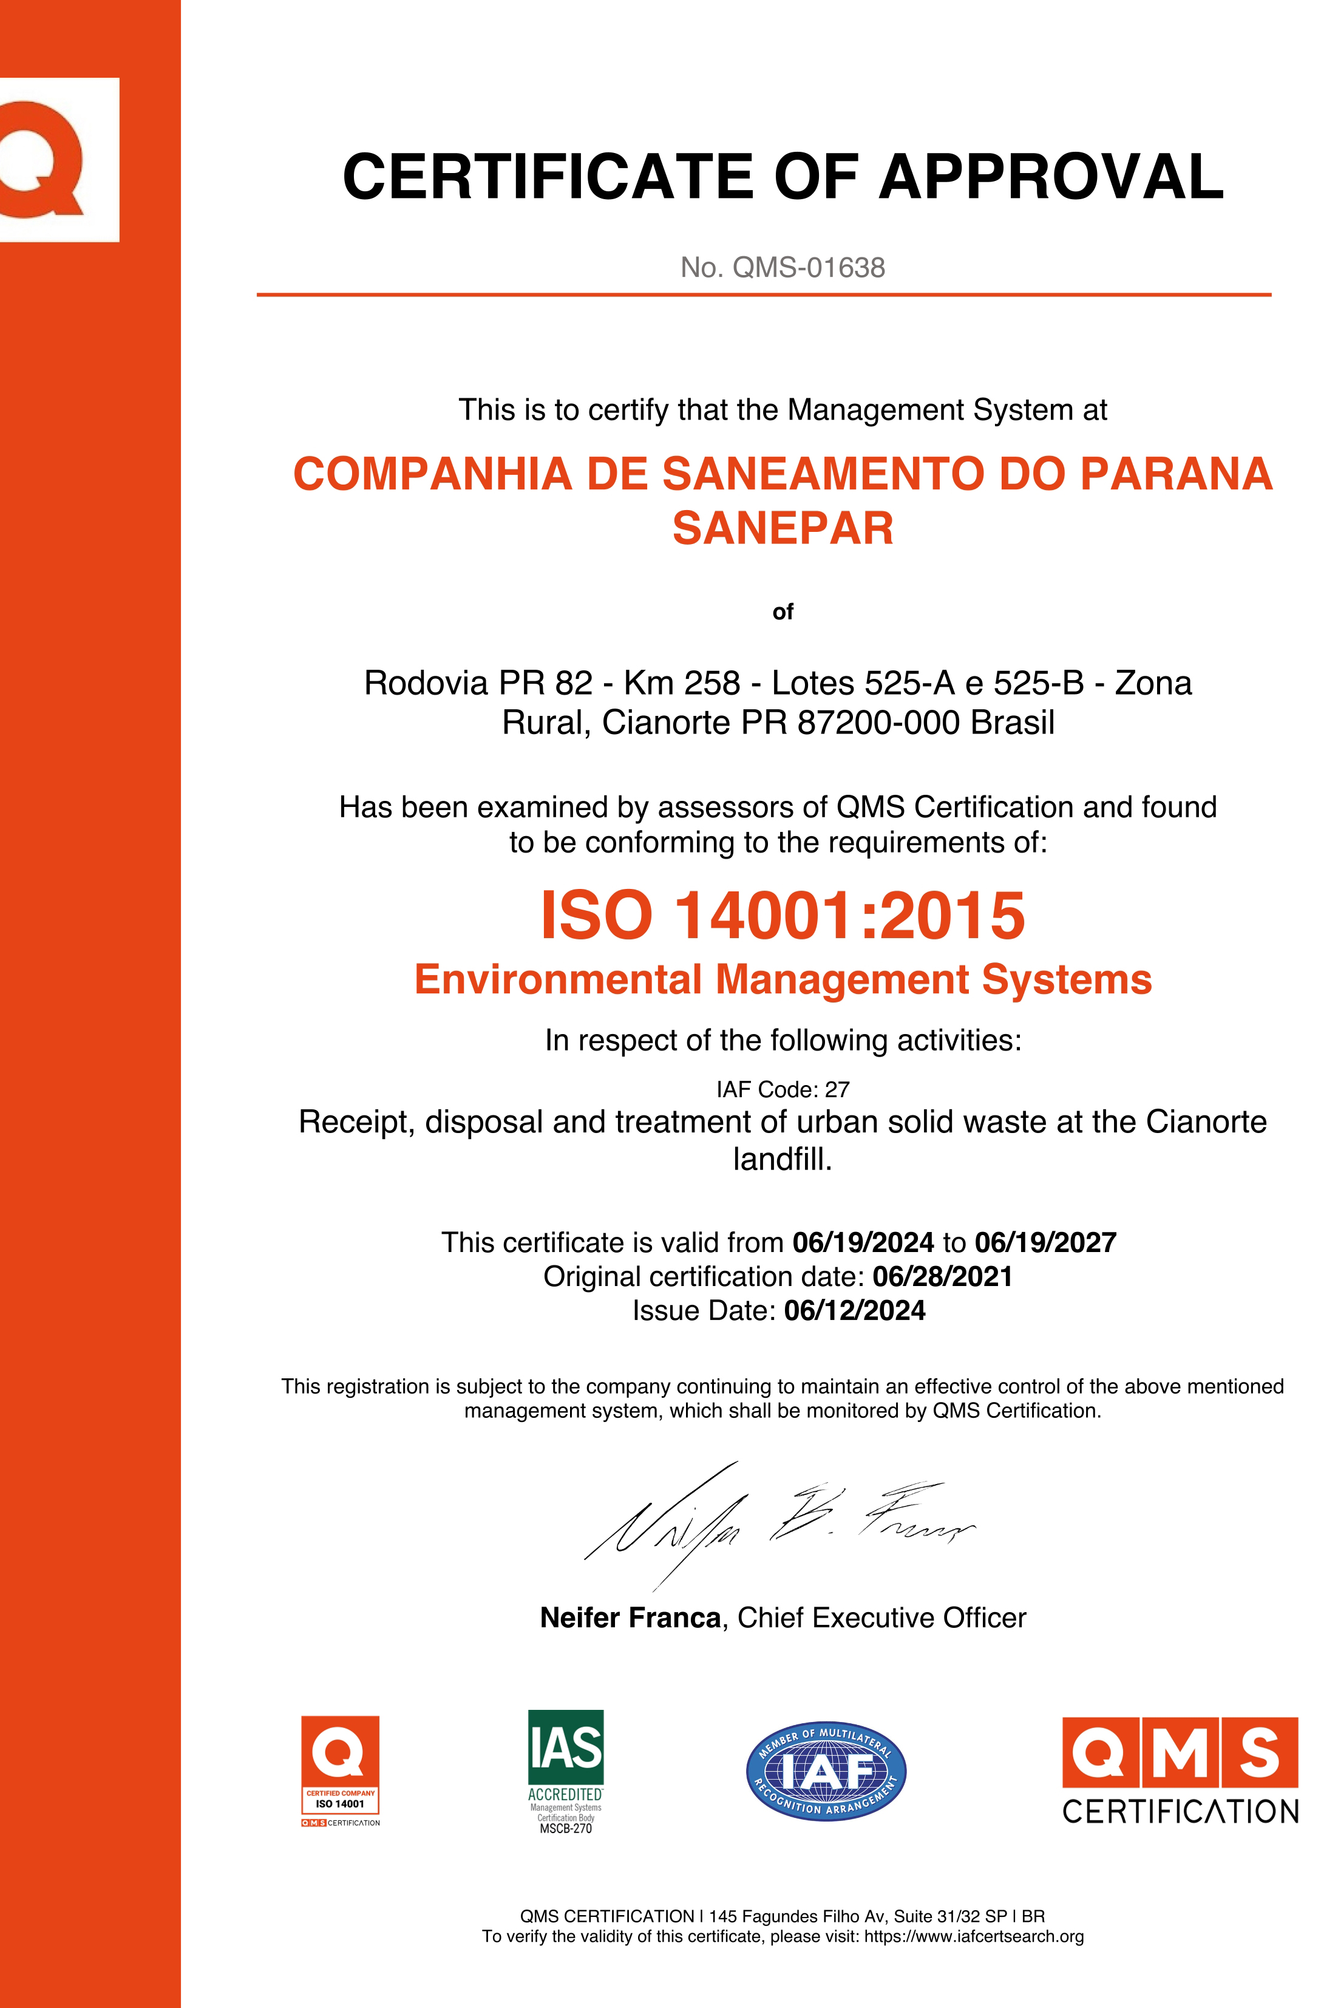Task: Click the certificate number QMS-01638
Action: [808, 268]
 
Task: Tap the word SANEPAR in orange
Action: [783, 528]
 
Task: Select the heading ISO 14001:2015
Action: [783, 916]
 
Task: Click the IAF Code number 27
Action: [837, 1090]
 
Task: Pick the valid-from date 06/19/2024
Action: [863, 1242]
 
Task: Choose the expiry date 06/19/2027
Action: [1045, 1242]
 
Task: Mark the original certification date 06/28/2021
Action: [942, 1277]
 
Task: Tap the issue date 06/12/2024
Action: [854, 1311]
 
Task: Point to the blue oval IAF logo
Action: [826, 1771]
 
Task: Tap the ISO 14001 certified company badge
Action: [339, 1771]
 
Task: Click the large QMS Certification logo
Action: [1180, 1771]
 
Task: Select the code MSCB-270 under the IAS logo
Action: [566, 1829]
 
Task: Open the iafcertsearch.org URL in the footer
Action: [974, 1936]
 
